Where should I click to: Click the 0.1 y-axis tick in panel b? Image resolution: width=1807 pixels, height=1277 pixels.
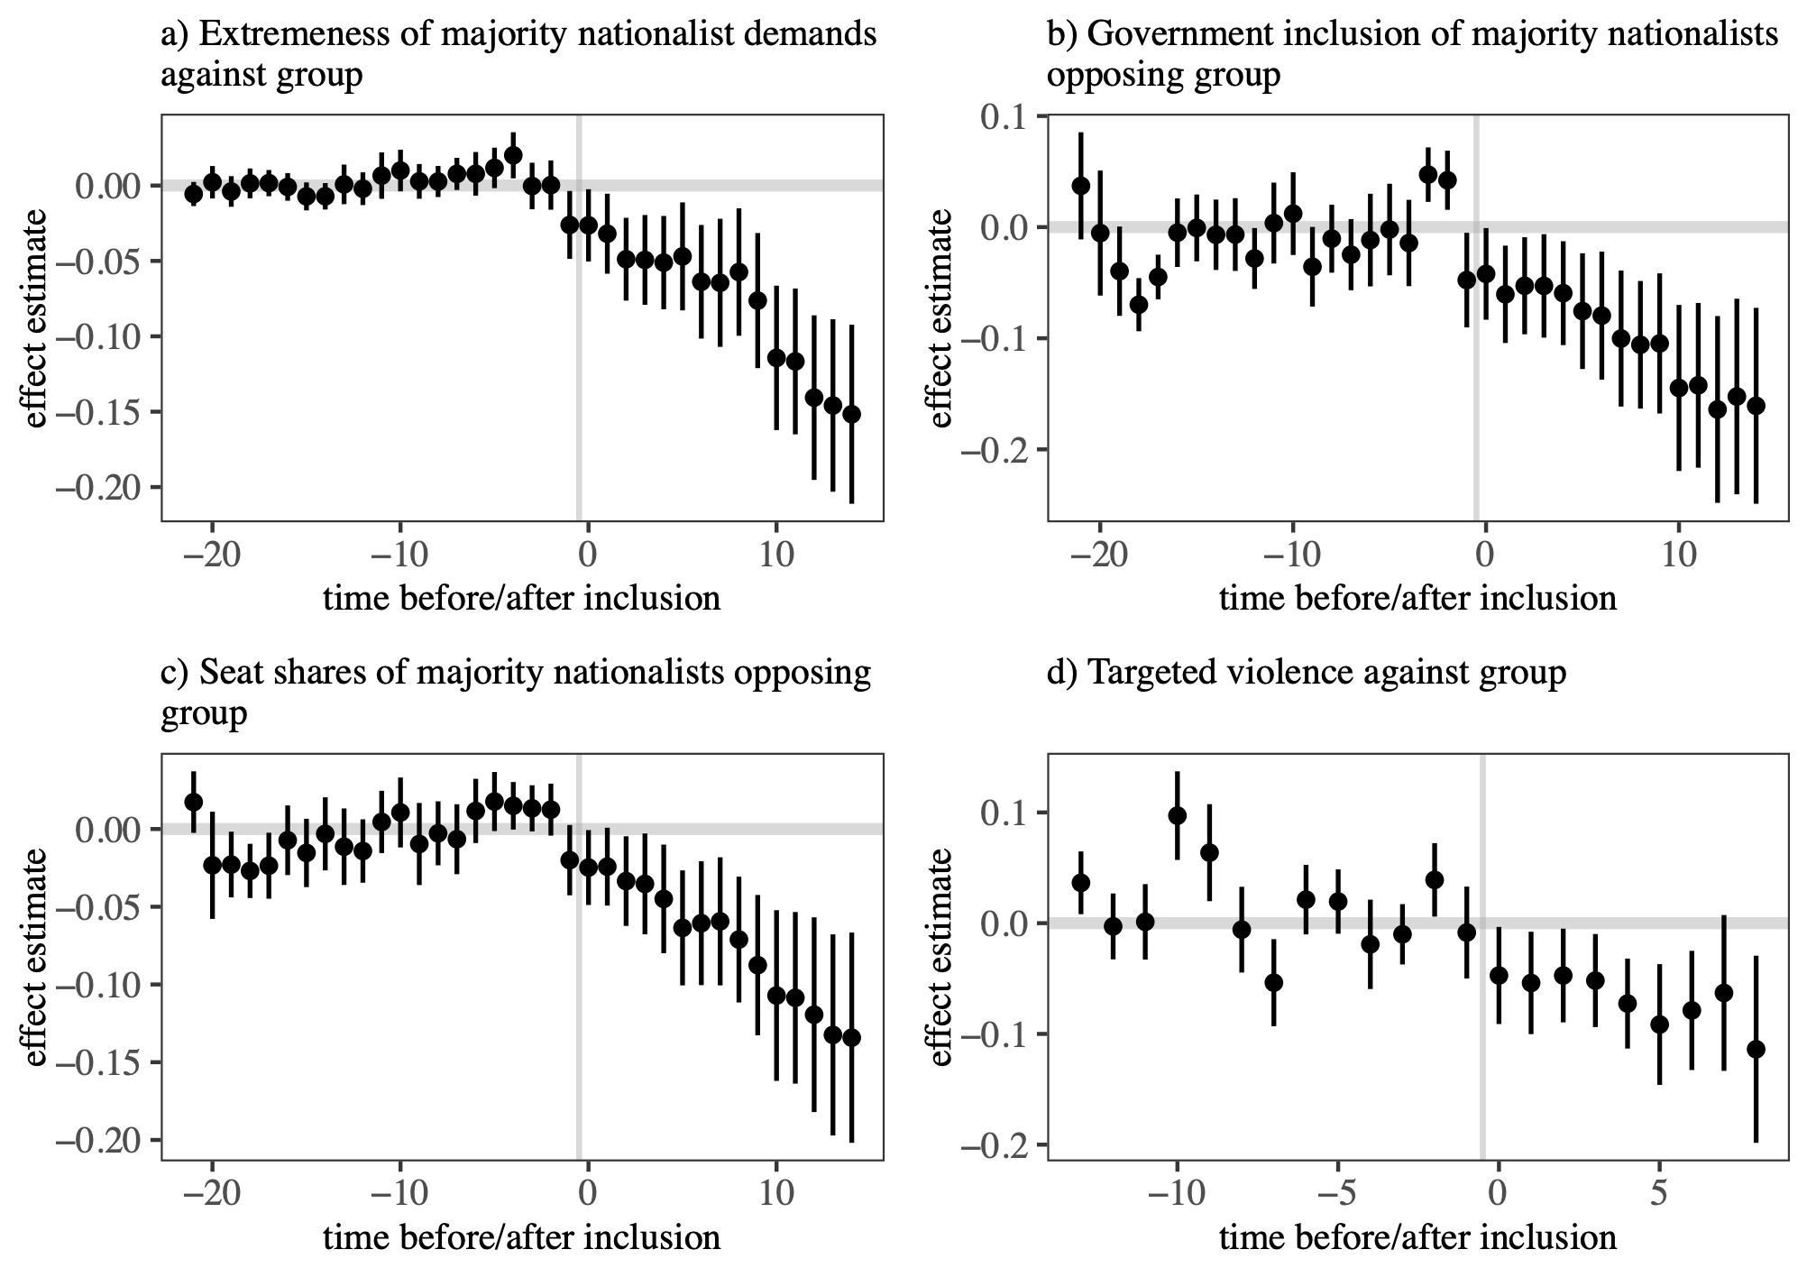[1012, 117]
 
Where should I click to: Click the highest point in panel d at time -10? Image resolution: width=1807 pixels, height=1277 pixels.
[1177, 815]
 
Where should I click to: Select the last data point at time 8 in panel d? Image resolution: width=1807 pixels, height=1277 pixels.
[1756, 1049]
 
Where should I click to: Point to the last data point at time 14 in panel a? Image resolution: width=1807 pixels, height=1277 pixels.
[851, 414]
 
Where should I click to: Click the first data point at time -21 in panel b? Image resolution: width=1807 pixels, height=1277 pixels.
[1081, 186]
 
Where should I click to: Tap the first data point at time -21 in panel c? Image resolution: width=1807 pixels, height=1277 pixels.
[193, 802]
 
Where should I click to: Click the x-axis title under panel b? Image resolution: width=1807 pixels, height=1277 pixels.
[1417, 599]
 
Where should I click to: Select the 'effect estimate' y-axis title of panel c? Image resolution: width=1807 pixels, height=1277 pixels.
[35, 957]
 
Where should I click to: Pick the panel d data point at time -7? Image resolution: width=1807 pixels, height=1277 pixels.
[1273, 982]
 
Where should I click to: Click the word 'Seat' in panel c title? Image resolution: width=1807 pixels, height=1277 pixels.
[226, 673]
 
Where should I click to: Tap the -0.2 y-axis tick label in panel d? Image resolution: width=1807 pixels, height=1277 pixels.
[1003, 1146]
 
